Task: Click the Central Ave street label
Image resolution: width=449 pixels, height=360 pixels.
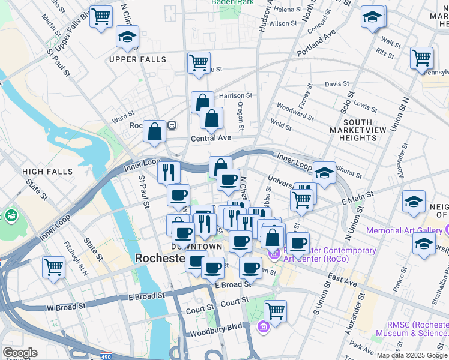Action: (211, 138)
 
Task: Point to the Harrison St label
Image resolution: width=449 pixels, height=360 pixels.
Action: (235, 95)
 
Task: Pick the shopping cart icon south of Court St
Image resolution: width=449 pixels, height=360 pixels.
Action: (275, 311)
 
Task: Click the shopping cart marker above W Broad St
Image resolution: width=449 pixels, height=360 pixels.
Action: (54, 266)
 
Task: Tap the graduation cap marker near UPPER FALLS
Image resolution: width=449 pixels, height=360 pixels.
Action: (127, 37)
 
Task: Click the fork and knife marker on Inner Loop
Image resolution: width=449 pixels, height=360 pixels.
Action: (169, 172)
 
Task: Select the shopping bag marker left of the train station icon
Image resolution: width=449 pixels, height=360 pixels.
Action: (154, 131)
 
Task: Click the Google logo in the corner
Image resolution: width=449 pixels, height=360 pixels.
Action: (19, 353)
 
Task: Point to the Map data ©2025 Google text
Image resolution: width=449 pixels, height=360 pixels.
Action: (412, 355)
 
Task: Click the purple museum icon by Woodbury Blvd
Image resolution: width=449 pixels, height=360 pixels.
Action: (263, 327)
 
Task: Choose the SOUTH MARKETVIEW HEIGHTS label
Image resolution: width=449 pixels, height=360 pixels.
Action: (353, 134)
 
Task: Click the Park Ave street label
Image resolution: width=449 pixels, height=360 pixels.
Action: (363, 347)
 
